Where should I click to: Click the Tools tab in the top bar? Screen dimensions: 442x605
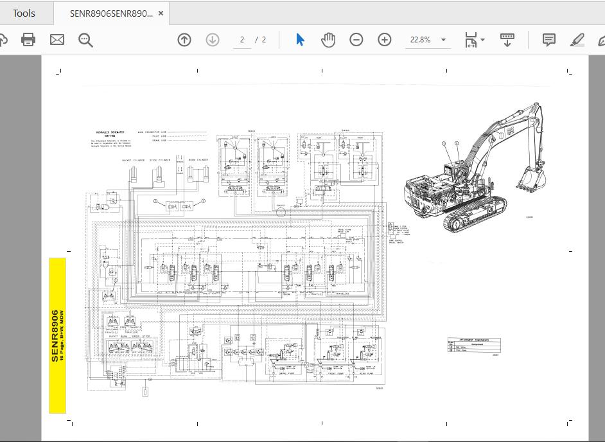(24, 13)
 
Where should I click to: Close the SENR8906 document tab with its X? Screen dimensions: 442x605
(161, 13)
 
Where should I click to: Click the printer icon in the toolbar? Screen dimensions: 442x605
(28, 40)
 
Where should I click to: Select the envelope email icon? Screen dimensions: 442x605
(57, 40)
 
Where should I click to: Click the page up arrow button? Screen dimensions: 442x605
(184, 40)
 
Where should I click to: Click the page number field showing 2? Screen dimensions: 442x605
(242, 40)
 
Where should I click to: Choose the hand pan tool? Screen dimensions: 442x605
(328, 40)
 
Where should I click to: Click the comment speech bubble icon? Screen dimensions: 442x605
(548, 40)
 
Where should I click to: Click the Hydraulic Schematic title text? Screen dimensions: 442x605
(110, 132)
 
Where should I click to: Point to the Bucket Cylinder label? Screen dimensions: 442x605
(134, 160)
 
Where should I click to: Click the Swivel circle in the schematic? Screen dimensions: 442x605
(281, 212)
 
